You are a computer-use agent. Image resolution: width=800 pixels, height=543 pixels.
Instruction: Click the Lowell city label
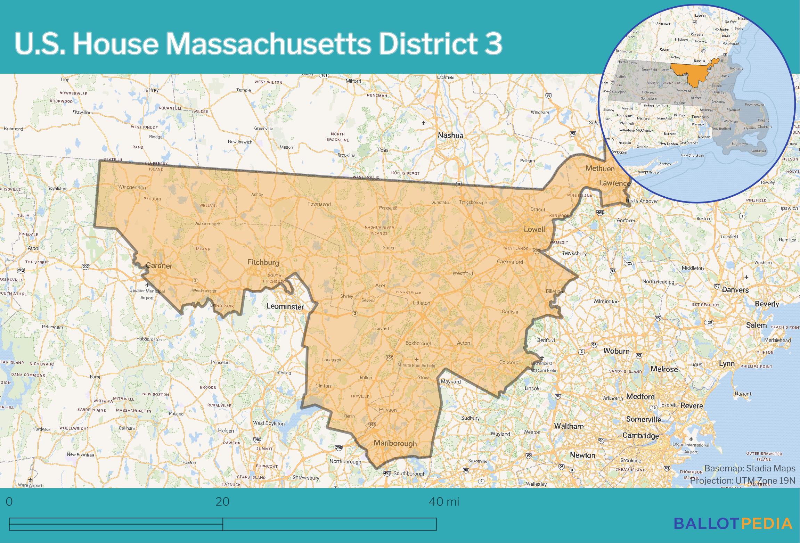[534, 229]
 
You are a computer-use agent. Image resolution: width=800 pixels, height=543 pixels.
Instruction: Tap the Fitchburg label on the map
[263, 262]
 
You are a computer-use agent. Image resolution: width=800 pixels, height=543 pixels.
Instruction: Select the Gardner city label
[159, 266]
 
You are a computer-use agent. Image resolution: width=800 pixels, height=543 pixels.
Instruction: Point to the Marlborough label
[395, 443]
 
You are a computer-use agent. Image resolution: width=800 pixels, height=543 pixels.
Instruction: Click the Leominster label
[285, 306]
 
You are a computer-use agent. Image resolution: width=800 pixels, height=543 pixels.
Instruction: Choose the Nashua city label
[450, 135]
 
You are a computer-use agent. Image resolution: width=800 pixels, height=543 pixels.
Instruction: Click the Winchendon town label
[132, 187]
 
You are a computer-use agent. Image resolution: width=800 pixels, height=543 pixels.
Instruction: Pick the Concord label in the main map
[509, 362]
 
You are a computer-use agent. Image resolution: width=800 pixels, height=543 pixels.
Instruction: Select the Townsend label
[319, 204]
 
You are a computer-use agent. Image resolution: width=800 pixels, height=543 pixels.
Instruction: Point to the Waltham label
[569, 426]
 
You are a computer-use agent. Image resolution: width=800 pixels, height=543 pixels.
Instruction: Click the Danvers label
[735, 290]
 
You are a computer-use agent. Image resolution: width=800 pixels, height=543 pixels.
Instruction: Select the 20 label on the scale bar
[222, 502]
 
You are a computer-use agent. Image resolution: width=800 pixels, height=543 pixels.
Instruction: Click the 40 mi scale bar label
[444, 502]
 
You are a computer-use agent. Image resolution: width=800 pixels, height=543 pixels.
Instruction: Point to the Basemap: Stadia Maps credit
[750, 468]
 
